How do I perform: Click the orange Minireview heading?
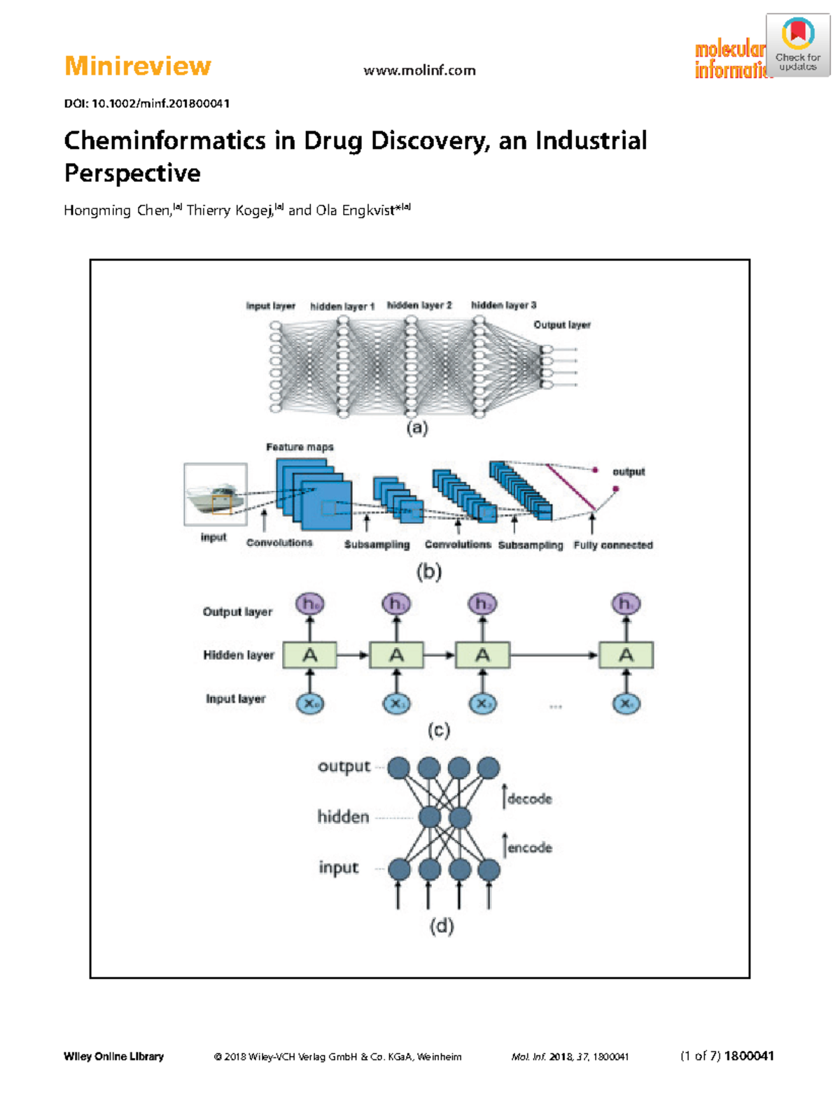pyautogui.click(x=137, y=66)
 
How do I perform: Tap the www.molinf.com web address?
pyautogui.click(x=419, y=71)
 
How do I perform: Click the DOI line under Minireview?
pyautogui.click(x=146, y=103)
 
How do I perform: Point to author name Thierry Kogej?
pyautogui.click(x=229, y=210)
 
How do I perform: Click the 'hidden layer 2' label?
pyautogui.click(x=419, y=305)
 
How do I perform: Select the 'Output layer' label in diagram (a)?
pyautogui.click(x=561, y=324)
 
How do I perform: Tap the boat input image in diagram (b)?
pyautogui.click(x=215, y=494)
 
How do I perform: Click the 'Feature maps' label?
pyautogui.click(x=300, y=447)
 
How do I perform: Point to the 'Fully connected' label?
pyautogui.click(x=612, y=545)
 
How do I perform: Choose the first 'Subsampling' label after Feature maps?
pyautogui.click(x=377, y=545)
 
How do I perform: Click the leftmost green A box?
pyautogui.click(x=309, y=655)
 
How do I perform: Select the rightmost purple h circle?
pyautogui.click(x=625, y=604)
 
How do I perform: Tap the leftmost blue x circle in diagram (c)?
pyautogui.click(x=309, y=704)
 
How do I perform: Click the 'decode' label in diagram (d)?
pyautogui.click(x=529, y=799)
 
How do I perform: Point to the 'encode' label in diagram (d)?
pyautogui.click(x=529, y=848)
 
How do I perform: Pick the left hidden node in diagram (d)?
pyautogui.click(x=429, y=817)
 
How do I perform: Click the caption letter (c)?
pyautogui.click(x=438, y=731)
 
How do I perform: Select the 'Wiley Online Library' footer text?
pyautogui.click(x=113, y=1056)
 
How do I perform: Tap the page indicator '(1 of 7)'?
pyautogui.click(x=700, y=1056)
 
